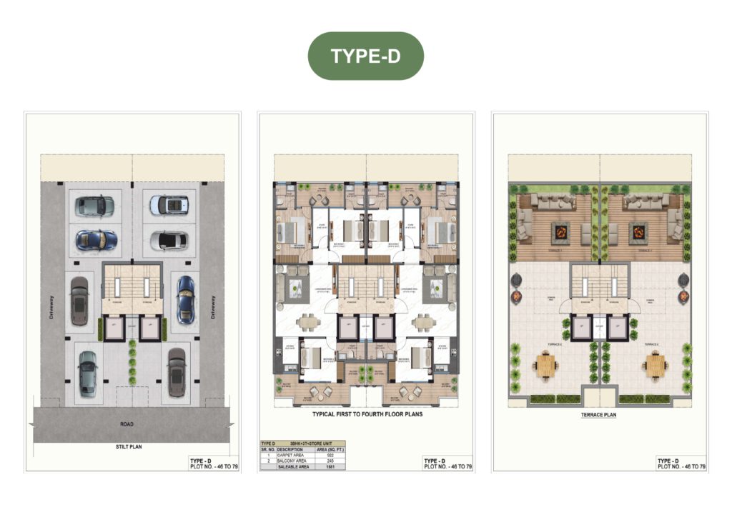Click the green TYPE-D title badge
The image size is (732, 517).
coord(365,56)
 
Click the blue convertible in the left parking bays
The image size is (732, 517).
coord(96,239)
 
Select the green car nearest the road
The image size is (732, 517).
coord(87,372)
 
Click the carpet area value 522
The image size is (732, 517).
coord(330,455)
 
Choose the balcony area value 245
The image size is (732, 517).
coord(330,461)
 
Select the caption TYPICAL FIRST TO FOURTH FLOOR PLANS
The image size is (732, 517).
coord(367,414)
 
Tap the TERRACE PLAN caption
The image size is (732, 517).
coord(600,414)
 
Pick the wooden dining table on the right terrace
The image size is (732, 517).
coord(653,366)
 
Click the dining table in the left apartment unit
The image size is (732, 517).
coord(308,323)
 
